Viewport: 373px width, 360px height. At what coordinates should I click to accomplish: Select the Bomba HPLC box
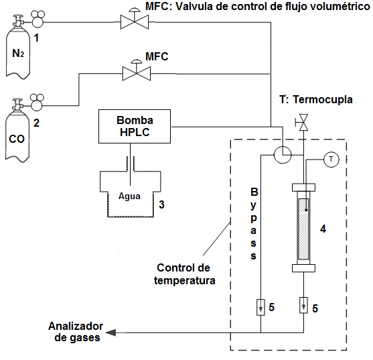[135, 126]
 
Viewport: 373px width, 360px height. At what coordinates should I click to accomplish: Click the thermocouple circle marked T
[331, 159]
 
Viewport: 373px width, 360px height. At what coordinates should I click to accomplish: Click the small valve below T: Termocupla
[304, 123]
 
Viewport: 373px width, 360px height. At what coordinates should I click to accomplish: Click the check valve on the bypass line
[260, 308]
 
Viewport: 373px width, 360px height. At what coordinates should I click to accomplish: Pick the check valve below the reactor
[304, 308]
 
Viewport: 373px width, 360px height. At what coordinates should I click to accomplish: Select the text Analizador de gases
[74, 332]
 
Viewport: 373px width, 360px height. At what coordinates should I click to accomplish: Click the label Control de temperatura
[185, 274]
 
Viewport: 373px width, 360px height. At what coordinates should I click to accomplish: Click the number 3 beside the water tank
[161, 204]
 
